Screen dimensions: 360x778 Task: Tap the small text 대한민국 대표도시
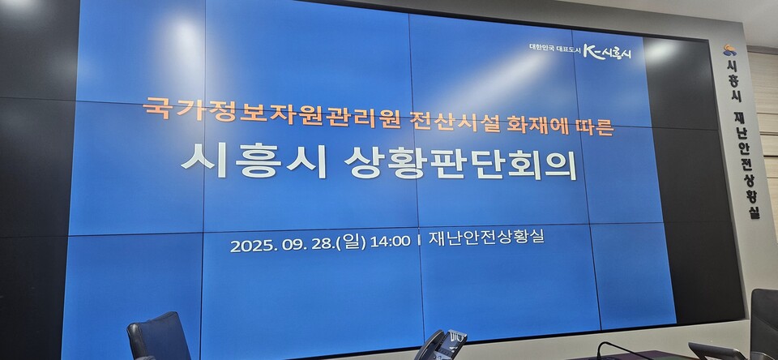[549, 48]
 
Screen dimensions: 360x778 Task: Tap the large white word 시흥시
[254, 161]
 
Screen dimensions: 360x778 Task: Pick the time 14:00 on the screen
[389, 242]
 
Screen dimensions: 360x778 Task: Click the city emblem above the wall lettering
[729, 50]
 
